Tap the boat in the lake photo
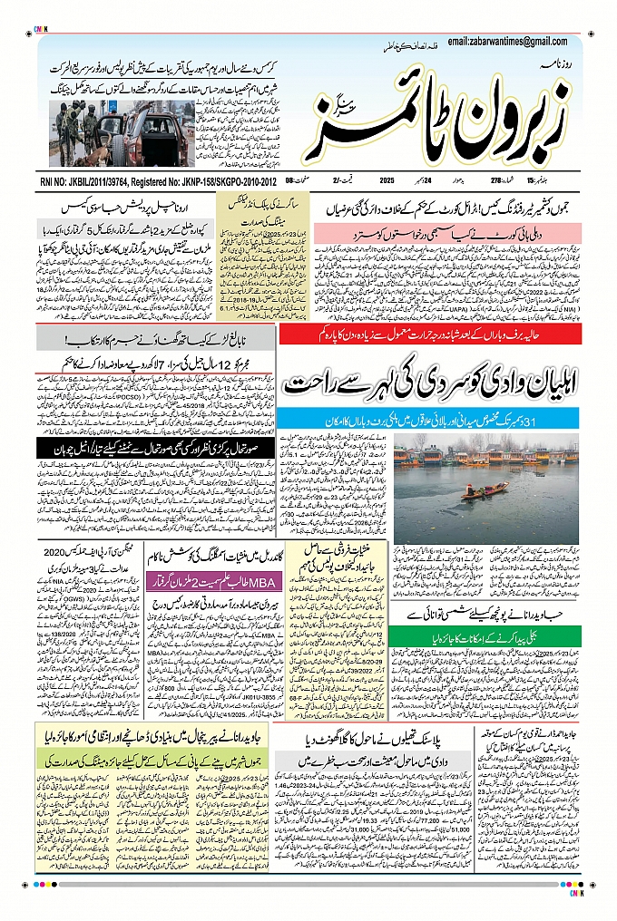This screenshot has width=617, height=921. [484, 491]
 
